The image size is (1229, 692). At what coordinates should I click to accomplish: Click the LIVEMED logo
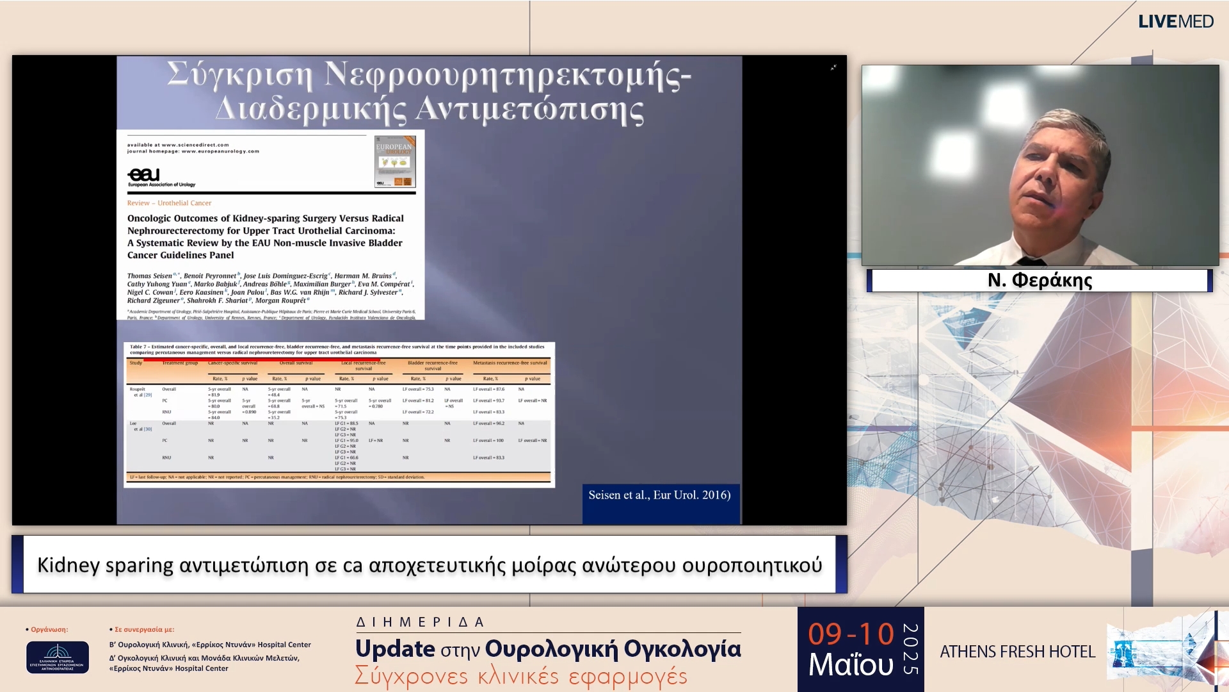tap(1175, 21)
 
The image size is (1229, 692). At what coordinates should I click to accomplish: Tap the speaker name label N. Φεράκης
tap(1040, 281)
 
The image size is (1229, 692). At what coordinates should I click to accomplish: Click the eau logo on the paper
tap(144, 175)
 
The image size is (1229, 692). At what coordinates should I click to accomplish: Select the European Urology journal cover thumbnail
tap(395, 161)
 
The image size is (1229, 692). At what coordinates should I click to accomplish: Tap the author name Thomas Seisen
tap(149, 276)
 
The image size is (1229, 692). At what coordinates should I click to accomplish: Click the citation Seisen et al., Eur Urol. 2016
tap(659, 495)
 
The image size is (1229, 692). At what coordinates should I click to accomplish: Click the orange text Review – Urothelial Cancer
tap(169, 203)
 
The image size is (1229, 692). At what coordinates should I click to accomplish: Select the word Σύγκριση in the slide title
tap(240, 76)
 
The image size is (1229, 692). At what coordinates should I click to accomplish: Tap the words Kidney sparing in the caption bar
tap(105, 565)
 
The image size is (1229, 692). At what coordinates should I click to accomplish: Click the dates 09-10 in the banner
tap(851, 634)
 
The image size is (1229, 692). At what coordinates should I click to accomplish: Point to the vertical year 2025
tap(910, 649)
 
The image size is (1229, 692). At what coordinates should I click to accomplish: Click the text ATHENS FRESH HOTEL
tap(1017, 652)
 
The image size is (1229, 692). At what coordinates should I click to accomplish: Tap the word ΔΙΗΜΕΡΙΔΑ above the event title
tap(420, 622)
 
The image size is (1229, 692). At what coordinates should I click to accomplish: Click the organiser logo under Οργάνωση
tap(58, 657)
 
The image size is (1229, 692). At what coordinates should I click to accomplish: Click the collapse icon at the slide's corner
tap(833, 67)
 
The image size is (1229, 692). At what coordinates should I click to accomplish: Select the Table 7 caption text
tap(337, 349)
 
